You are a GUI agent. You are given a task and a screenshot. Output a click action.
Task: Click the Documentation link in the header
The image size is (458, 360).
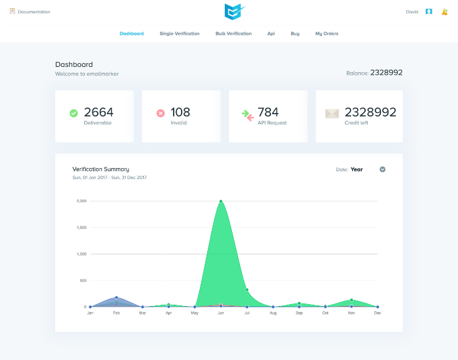pos(33,12)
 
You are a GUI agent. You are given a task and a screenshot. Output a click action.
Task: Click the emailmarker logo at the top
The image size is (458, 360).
pos(233,12)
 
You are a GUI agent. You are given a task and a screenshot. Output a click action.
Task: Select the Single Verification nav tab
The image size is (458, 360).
pos(179,33)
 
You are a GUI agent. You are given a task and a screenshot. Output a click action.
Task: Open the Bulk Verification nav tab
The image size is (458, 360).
pos(233,33)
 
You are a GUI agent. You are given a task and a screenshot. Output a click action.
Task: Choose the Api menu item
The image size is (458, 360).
pos(271,33)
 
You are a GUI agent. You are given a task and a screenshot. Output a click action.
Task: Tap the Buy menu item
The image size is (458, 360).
pos(295,33)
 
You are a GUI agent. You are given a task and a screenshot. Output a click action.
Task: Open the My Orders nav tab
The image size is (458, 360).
pos(327,33)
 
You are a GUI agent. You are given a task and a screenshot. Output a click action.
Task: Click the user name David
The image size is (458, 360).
pos(412,12)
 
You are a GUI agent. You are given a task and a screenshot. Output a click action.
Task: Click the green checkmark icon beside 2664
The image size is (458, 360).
pos(73,113)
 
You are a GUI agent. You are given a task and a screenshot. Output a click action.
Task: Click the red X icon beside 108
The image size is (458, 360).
pos(160,113)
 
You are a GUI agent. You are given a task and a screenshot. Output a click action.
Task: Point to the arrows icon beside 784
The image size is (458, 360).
pos(246,114)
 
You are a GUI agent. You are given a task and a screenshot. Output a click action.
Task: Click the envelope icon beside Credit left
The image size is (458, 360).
pos(332,113)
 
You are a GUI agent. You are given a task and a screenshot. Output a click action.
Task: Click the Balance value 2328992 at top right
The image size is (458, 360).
pos(386,72)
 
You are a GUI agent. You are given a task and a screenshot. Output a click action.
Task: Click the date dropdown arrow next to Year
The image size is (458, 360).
pos(383,169)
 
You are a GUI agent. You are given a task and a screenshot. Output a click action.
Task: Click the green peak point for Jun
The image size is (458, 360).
pos(220,201)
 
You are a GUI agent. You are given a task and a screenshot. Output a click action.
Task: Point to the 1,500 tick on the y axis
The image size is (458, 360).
pos(81,228)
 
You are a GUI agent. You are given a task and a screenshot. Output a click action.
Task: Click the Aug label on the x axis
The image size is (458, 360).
pos(273,313)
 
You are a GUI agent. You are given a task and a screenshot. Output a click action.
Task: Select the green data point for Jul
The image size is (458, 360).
pos(247,290)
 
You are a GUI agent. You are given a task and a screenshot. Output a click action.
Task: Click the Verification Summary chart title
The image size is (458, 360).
pos(101,169)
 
